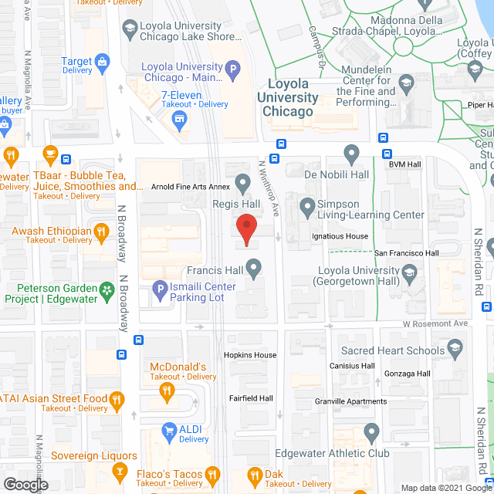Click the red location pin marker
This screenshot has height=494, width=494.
tap(245, 229)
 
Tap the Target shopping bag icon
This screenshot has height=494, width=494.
tap(102, 62)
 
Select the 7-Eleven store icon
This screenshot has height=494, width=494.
tap(180, 118)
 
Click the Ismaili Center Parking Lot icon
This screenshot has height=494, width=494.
tap(159, 291)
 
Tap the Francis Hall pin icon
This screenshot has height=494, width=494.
tap(252, 269)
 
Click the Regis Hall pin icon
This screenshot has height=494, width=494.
tap(242, 184)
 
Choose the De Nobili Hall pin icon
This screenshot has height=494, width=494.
tap(351, 155)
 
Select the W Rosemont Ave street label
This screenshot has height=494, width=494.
tap(435, 323)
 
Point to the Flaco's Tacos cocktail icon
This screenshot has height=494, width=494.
tap(120, 471)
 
